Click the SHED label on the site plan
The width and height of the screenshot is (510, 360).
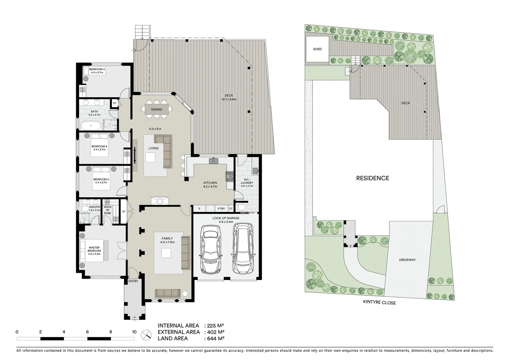317,49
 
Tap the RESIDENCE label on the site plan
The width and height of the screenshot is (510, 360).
372,178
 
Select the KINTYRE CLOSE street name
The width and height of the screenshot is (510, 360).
379,303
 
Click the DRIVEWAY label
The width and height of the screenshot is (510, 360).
407,260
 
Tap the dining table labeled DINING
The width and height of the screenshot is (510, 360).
156,109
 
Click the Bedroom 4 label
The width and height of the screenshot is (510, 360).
97,69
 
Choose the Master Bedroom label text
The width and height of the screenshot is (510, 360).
94,249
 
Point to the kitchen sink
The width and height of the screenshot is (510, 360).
214,161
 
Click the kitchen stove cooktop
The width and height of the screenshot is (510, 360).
230,176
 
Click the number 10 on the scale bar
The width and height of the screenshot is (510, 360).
134,332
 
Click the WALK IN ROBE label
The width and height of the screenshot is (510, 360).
107,210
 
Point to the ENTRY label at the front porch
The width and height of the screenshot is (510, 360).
133,281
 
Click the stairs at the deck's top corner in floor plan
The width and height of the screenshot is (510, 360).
142,32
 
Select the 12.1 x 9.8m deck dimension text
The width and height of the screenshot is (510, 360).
229,99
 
